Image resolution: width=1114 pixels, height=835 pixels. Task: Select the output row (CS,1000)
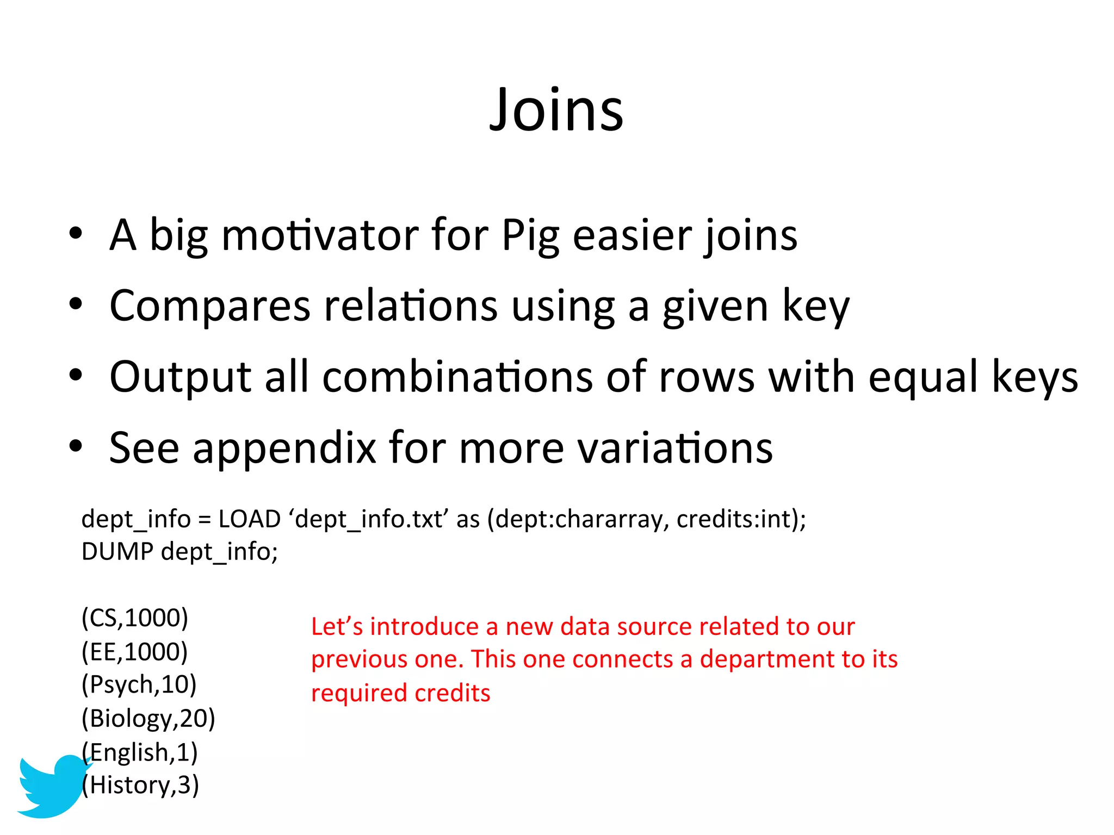pos(135,618)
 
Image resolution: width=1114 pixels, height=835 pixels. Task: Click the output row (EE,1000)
pos(135,652)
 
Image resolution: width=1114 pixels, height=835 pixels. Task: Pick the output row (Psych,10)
pos(139,685)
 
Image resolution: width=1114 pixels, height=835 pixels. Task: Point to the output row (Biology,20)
pos(148,719)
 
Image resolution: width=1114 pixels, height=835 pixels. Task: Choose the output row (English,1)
pos(140,752)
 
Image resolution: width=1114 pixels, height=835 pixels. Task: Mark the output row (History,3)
pos(140,786)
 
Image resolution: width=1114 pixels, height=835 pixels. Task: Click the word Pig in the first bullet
pos(530,236)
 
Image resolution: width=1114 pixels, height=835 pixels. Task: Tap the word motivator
pos(319,236)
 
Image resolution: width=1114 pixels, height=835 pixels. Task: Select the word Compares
pos(209,306)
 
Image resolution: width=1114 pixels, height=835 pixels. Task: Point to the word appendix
pos(284,448)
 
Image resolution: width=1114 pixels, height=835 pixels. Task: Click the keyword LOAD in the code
pos(249,519)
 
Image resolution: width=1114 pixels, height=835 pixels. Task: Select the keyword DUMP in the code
pos(117,552)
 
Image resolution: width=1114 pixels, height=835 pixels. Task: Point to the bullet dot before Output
pos(76,375)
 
